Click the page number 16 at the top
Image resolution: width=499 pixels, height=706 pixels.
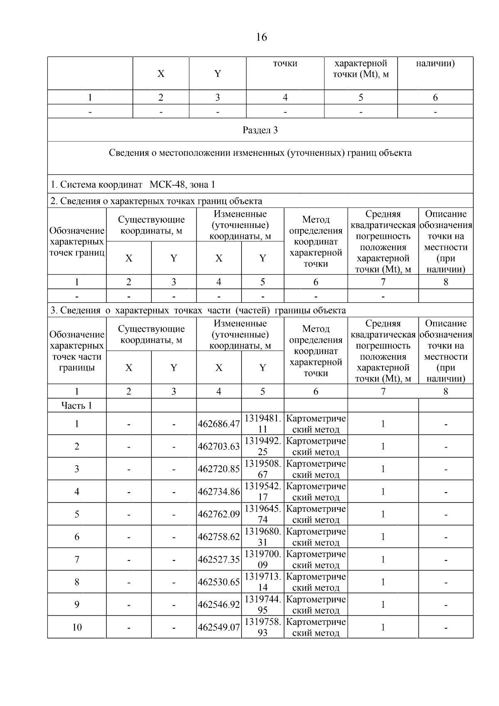261,37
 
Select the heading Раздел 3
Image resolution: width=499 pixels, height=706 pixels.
260,130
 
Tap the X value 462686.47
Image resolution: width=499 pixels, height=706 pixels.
219,424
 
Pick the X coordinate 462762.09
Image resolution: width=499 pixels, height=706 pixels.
219,514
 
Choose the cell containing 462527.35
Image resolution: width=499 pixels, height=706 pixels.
219,560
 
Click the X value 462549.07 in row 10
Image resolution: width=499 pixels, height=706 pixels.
219,627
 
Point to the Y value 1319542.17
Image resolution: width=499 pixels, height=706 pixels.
262,491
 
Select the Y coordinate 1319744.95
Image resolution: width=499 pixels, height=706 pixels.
262,604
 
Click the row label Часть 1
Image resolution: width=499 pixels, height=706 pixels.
77,406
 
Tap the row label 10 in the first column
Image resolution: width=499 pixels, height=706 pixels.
77,627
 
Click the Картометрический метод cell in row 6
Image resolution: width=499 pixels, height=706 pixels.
316,537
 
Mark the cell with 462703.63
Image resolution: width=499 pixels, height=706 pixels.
219,446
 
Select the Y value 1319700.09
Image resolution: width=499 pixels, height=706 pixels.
262,560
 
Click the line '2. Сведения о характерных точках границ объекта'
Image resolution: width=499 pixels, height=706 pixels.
156,201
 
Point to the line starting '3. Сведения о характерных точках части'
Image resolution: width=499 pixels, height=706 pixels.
198,310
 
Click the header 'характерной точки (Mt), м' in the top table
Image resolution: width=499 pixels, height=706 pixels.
361,69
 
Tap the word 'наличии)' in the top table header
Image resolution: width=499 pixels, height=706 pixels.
435,63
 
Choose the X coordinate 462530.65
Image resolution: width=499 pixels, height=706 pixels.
219,582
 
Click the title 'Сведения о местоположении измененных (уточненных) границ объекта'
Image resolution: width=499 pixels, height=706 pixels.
260,153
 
